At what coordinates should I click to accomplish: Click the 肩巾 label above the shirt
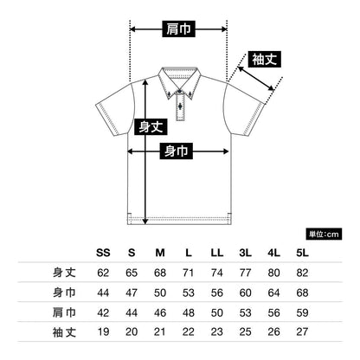pyautogui.click(x=178, y=29)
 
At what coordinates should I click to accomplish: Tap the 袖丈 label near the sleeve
pyautogui.click(x=265, y=60)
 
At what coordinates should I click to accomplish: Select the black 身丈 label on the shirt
pyautogui.click(x=151, y=126)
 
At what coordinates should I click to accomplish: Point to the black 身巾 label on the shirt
pyautogui.click(x=177, y=151)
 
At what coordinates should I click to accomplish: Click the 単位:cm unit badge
pyautogui.click(x=324, y=234)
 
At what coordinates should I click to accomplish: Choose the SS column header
pyautogui.click(x=103, y=253)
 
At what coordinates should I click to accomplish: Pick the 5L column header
pyautogui.click(x=302, y=253)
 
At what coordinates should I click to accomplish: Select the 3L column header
pyautogui.click(x=245, y=253)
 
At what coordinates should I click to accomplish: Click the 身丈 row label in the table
pyautogui.click(x=64, y=273)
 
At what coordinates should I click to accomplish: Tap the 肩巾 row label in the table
pyautogui.click(x=64, y=312)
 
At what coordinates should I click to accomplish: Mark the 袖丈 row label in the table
pyautogui.click(x=64, y=332)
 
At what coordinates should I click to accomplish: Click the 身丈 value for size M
pyautogui.click(x=160, y=273)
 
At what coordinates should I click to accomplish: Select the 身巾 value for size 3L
pyautogui.click(x=245, y=292)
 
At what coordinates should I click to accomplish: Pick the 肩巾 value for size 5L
pyautogui.click(x=302, y=312)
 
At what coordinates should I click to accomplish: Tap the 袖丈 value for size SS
pyautogui.click(x=103, y=332)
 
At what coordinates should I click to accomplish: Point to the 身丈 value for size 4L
pyautogui.click(x=273, y=273)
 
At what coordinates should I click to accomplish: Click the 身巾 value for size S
pyautogui.click(x=132, y=292)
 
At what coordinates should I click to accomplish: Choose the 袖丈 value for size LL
pyautogui.click(x=216, y=332)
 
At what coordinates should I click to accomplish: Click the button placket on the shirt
pyautogui.click(x=181, y=107)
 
